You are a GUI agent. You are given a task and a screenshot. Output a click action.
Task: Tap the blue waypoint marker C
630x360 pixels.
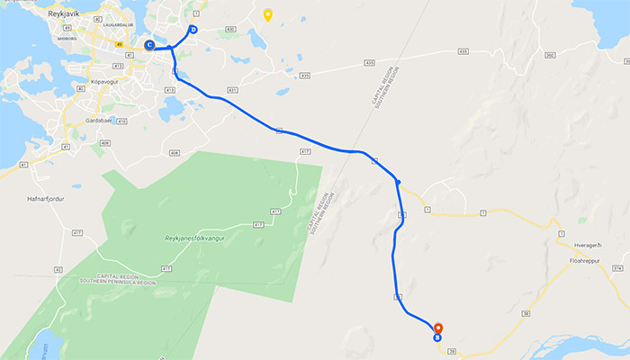click(149, 45)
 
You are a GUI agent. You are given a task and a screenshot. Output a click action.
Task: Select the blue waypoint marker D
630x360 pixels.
click(193, 29)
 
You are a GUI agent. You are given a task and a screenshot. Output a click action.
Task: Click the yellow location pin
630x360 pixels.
click(267, 15)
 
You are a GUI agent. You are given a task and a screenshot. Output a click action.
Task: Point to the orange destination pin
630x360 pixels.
click(437, 329)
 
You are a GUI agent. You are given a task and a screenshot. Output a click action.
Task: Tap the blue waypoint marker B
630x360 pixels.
click(437, 339)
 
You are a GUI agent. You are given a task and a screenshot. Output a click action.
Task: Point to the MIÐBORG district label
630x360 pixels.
click(67, 40)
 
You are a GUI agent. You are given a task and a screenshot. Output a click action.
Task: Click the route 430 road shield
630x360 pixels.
click(230, 29)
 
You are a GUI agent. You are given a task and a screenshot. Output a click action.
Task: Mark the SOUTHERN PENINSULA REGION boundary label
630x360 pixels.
click(121, 283)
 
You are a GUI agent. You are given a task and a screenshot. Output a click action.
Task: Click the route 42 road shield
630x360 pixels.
click(57, 269)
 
